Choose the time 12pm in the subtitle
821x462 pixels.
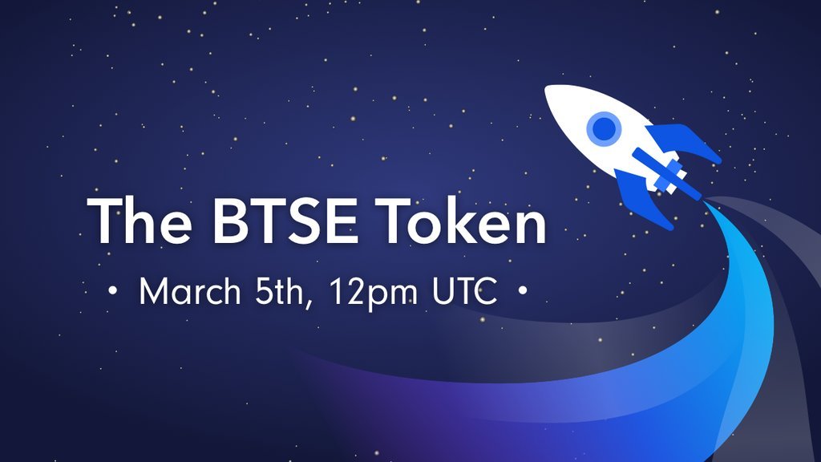click(374, 294)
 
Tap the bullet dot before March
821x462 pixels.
click(111, 294)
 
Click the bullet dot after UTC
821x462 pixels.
click(524, 294)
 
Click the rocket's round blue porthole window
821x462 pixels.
click(602, 127)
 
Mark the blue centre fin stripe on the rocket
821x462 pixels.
click(662, 169)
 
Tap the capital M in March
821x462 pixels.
click(155, 293)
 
